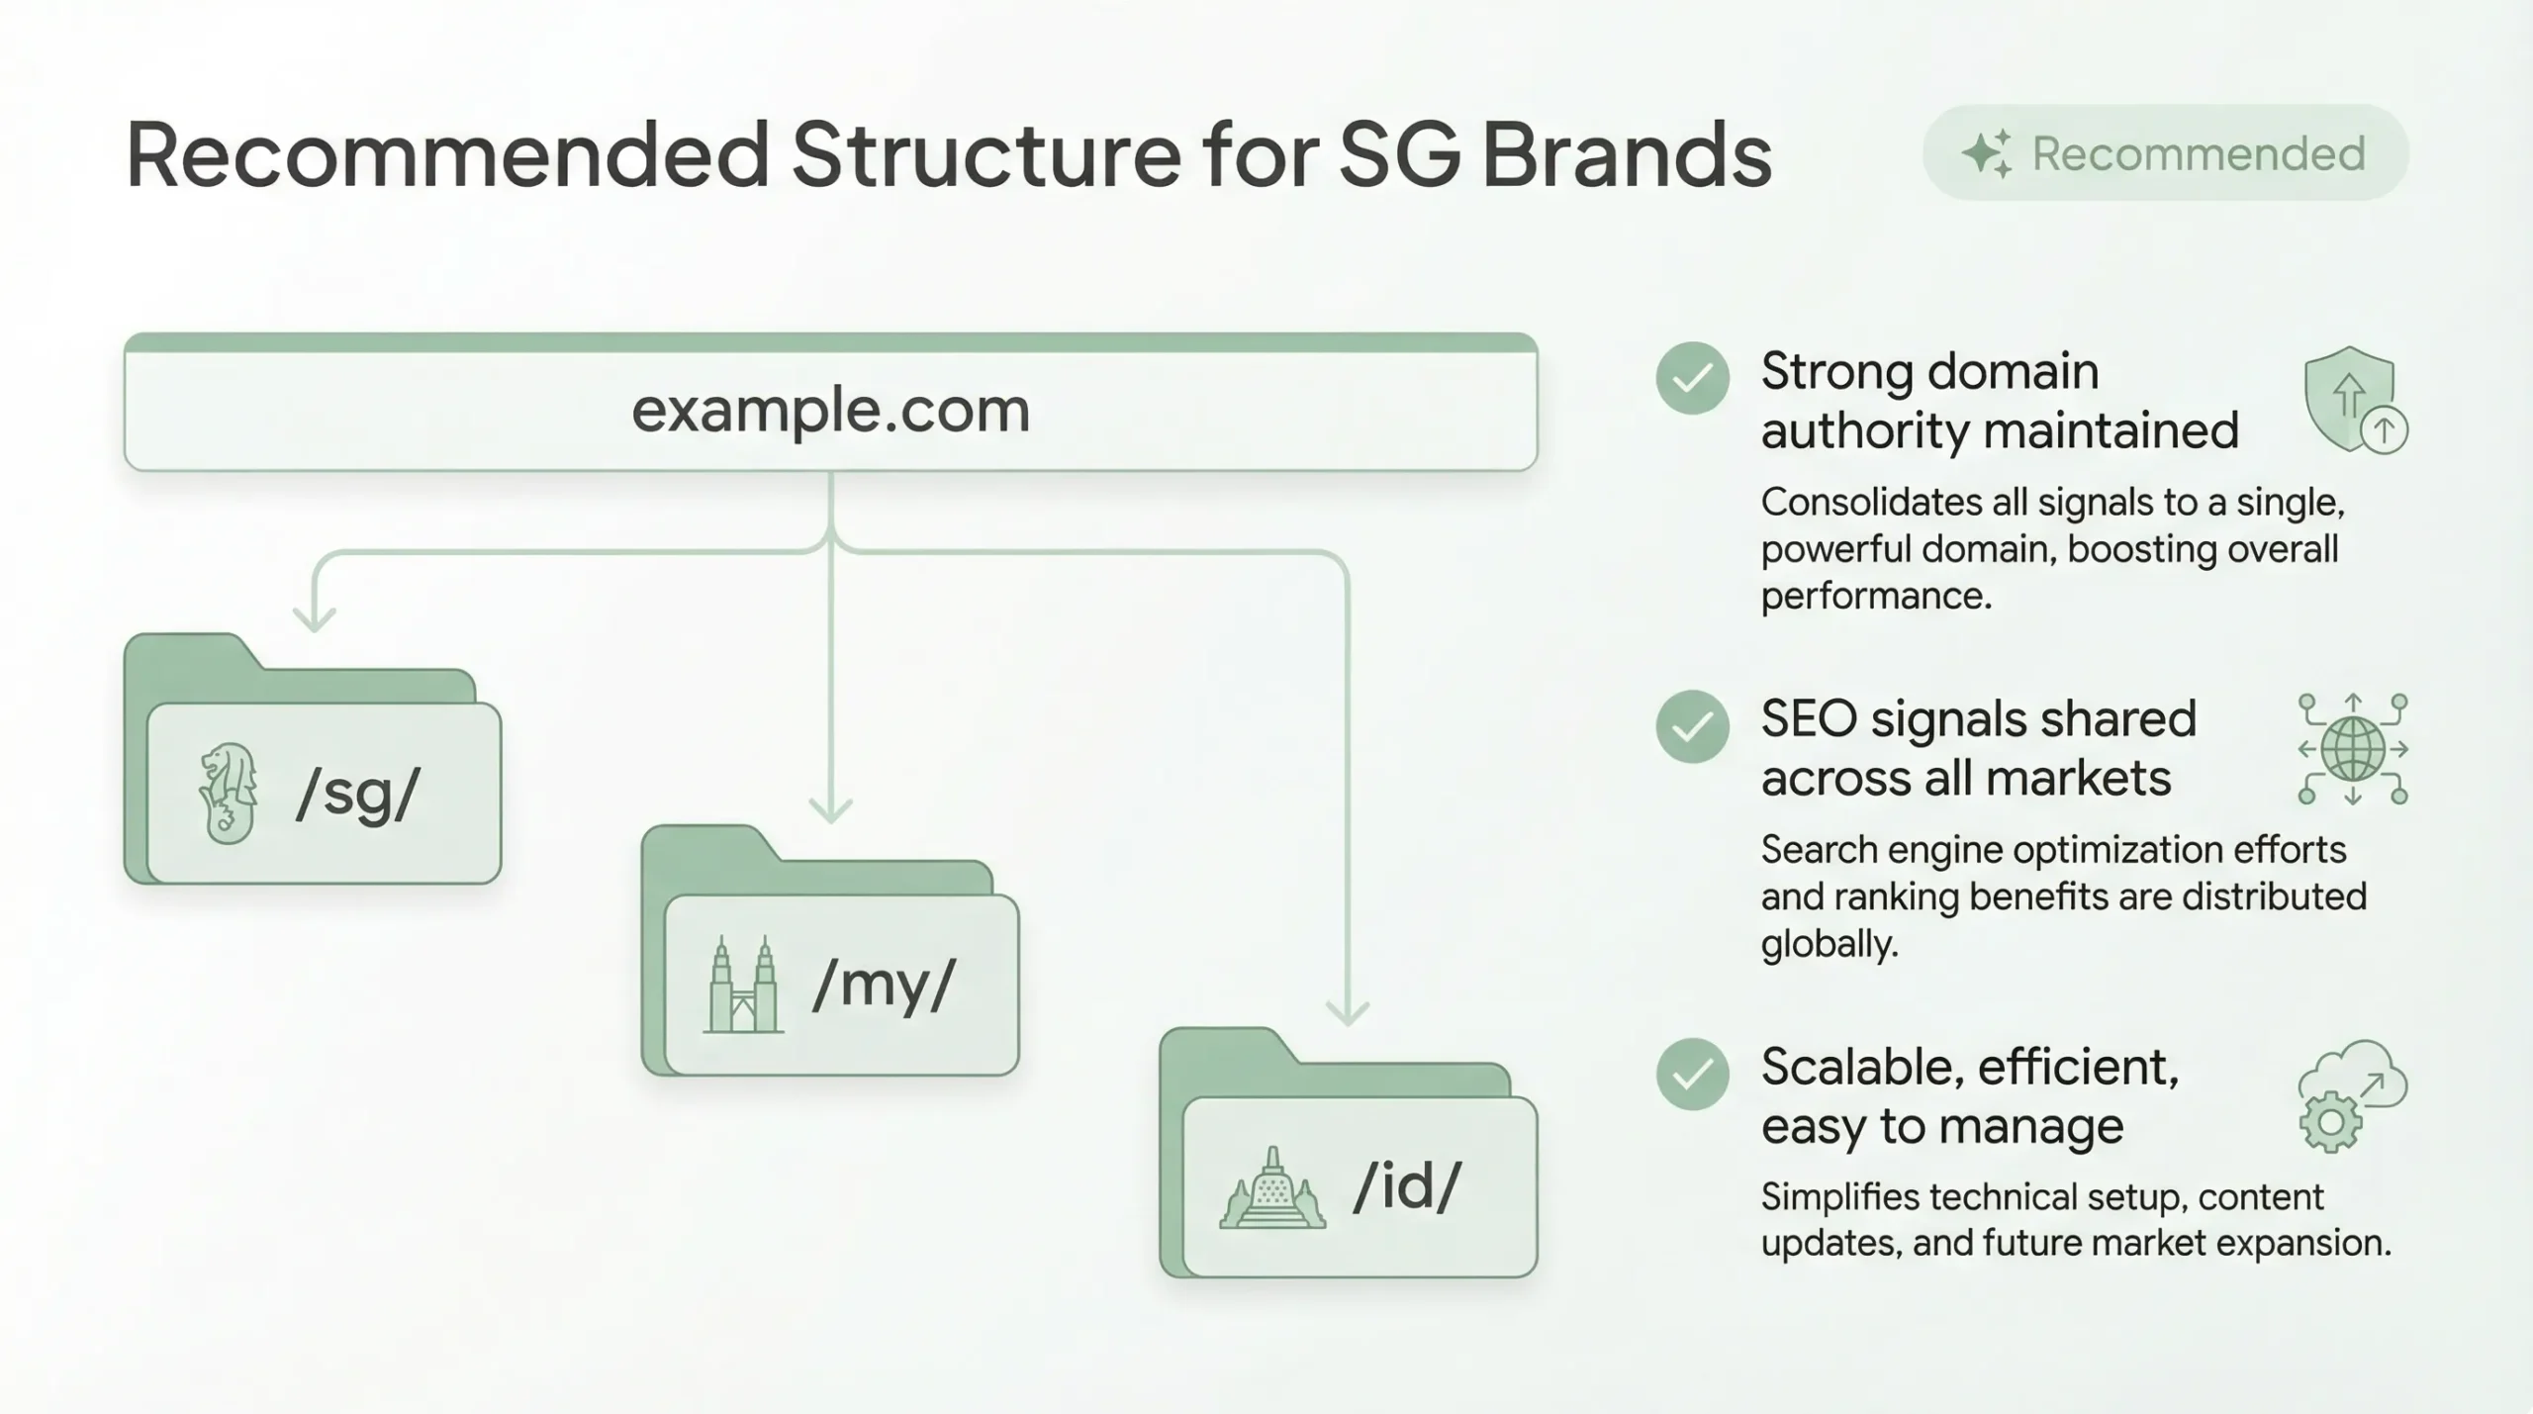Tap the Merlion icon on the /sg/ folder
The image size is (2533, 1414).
[x=229, y=793]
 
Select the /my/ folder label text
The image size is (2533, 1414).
[x=884, y=985]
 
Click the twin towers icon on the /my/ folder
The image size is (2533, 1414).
[x=743, y=986]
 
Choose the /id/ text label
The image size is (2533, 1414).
[x=1406, y=1186]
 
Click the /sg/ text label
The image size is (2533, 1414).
[x=358, y=794]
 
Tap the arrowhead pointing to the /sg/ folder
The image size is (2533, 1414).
[x=315, y=619]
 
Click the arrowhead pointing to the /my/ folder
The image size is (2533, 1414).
[x=830, y=810]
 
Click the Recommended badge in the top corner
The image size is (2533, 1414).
[x=2165, y=153]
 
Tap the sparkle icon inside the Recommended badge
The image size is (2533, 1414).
[x=1986, y=154]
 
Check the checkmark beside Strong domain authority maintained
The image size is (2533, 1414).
[x=1692, y=378]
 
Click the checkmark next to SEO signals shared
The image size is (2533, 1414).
[x=1692, y=726]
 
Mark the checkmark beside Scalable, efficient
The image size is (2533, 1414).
[x=1692, y=1074]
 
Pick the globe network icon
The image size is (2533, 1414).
[x=2353, y=749]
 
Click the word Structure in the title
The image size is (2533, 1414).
[x=985, y=155]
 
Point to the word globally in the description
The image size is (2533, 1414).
[x=1829, y=944]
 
